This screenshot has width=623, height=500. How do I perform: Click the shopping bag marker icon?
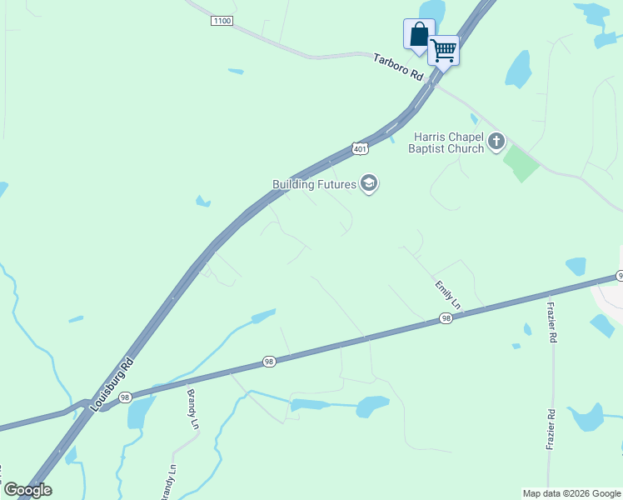tap(419, 35)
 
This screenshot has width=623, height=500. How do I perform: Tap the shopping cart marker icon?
tap(443, 50)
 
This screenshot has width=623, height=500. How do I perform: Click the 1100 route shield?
tap(222, 20)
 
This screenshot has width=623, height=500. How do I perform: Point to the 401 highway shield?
tap(359, 148)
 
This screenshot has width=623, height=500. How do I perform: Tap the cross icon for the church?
tap(496, 142)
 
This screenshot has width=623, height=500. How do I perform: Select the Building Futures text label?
tap(314, 184)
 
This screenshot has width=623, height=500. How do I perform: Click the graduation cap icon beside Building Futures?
tap(369, 184)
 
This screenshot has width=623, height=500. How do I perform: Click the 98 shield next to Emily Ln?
tap(446, 318)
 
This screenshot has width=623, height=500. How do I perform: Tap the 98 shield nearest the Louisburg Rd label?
tap(124, 397)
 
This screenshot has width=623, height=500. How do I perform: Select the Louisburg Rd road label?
tap(112, 383)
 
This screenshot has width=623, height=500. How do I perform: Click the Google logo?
tap(27, 490)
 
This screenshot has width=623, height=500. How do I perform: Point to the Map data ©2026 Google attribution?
tap(571, 493)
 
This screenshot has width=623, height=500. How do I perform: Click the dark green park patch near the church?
tap(521, 162)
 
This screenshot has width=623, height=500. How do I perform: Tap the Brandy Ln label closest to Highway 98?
tap(192, 408)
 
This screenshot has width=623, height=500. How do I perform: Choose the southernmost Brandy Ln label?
tap(172, 481)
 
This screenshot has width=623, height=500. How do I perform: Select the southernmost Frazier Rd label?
tap(551, 429)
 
